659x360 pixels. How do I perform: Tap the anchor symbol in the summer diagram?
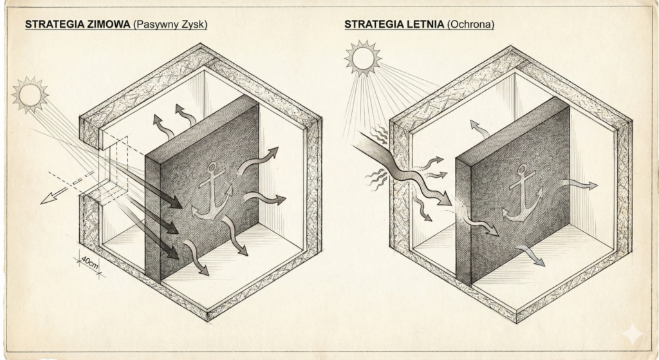click(522, 193)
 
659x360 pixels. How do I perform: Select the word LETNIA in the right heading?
click(424, 24)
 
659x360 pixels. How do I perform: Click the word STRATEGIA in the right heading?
click(370, 24)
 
